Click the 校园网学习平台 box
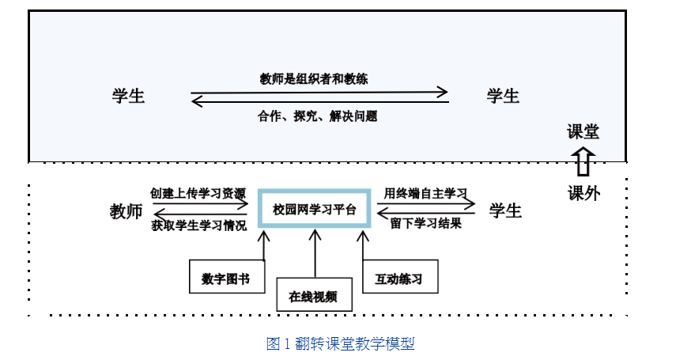315,210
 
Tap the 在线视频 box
313,297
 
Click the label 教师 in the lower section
126,211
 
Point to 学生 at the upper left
129,97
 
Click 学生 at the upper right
503,97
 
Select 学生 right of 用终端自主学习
505,211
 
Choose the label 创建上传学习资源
198,193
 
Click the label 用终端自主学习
425,193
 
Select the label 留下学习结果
425,224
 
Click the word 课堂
583,131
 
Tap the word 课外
583,192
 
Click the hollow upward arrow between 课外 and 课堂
583,161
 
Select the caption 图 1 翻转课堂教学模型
341,343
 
